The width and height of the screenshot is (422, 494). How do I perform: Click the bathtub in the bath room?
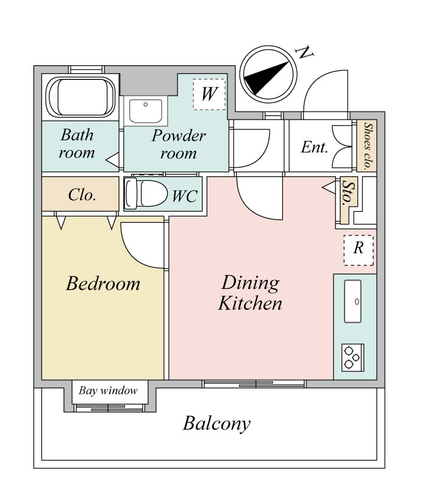[x=80, y=97]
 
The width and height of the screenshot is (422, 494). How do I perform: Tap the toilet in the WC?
[x=146, y=193]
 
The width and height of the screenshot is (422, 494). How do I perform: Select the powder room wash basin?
[x=146, y=111]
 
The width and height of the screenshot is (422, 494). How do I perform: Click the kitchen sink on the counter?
[x=352, y=301]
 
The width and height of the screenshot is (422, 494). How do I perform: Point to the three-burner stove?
[x=352, y=357]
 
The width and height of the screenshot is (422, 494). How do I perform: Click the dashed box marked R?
[x=359, y=250]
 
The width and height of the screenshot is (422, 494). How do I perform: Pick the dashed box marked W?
[x=209, y=94]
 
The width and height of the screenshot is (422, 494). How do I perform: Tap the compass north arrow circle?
[x=268, y=74]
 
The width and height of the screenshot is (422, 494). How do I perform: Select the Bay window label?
[x=108, y=391]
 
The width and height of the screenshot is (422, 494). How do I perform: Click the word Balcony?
[x=216, y=423]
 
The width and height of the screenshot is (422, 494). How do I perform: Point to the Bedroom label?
[x=103, y=283]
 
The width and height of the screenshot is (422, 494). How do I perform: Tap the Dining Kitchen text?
[x=250, y=293]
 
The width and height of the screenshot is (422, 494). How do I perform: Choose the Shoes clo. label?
[x=367, y=146]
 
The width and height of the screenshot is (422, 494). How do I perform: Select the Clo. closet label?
[x=82, y=195]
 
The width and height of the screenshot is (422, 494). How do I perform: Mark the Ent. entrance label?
[x=314, y=147]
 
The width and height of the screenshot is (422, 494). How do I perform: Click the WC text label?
[x=185, y=196]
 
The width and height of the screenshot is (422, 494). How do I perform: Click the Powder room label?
[x=179, y=145]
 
